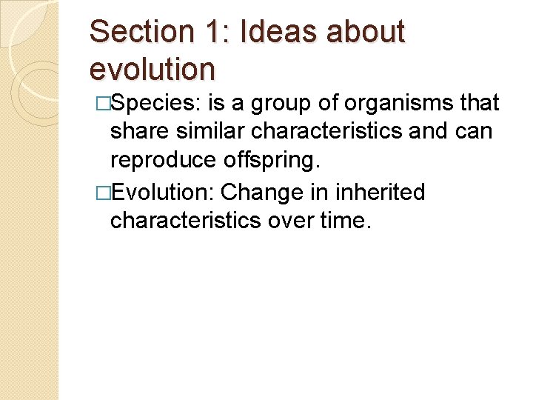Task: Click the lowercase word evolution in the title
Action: [x=152, y=68]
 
